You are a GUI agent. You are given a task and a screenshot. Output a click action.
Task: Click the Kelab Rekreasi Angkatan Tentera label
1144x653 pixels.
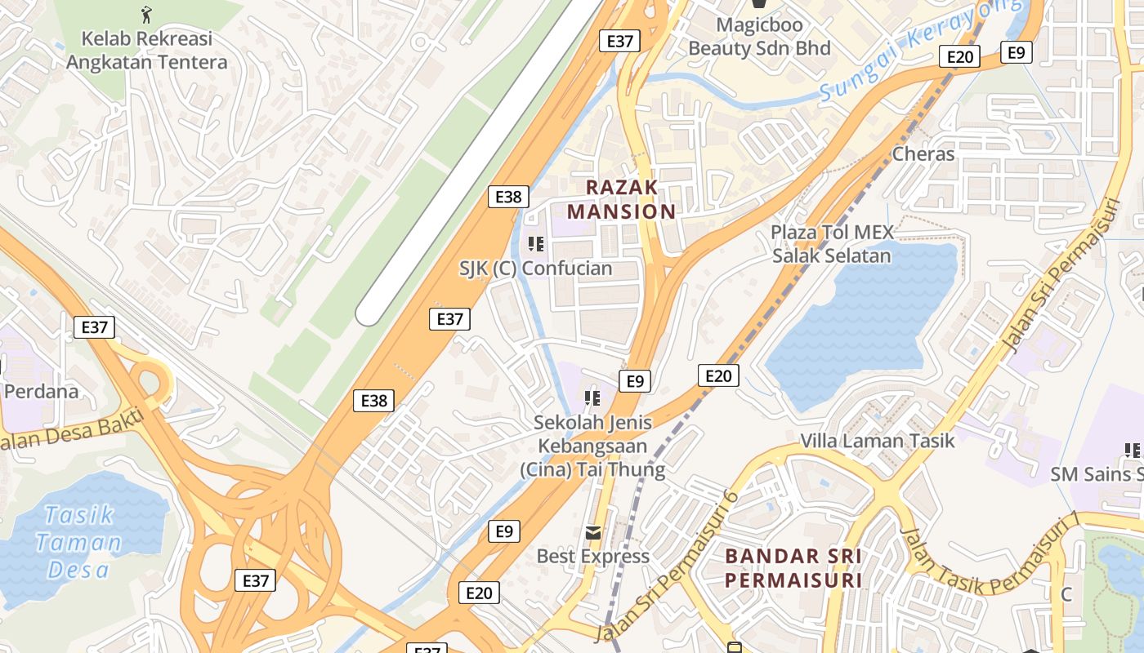coord(146,50)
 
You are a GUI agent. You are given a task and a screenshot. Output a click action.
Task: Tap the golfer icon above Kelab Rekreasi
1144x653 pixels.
coord(146,14)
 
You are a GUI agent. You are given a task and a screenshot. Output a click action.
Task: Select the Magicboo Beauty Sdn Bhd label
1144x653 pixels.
coord(759,36)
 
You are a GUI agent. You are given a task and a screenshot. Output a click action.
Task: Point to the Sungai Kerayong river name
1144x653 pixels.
coord(919,51)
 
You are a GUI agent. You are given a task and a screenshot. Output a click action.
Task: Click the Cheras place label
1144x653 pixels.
coord(923,153)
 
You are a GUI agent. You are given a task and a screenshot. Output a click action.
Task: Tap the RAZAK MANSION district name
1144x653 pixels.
coord(622,199)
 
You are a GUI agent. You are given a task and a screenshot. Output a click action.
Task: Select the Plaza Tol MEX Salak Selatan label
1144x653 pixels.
coord(832,243)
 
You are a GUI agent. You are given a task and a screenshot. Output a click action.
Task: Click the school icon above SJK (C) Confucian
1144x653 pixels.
coord(536,243)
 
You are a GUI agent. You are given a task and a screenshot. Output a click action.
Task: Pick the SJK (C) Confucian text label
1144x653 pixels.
coord(535,269)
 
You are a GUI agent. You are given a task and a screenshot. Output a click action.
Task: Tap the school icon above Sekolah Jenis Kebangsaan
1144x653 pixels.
coord(592,398)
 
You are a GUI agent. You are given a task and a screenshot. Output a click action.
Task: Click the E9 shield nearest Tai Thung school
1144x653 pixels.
coord(635,380)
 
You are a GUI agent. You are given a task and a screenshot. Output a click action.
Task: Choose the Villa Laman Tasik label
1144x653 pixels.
coord(877,441)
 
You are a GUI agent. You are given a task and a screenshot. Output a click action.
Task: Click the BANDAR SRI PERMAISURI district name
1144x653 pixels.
coord(793,568)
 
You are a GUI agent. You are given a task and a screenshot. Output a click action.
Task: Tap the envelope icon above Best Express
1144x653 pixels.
coord(592,532)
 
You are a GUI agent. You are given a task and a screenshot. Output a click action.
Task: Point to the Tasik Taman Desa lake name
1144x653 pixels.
coord(80,542)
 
